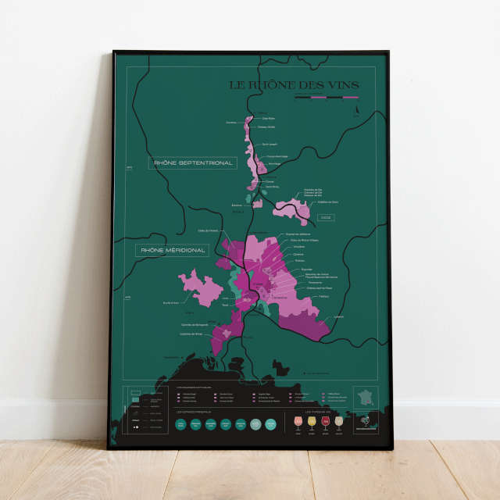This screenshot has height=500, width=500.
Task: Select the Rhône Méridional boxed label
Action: click(x=173, y=251)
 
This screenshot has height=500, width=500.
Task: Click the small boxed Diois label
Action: click(x=325, y=217)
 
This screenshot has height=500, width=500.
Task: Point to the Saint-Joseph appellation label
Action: click(x=269, y=144)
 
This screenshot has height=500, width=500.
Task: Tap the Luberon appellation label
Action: click(x=338, y=317)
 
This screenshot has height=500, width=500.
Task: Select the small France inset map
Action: click(x=365, y=397)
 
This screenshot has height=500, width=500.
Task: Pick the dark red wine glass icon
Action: click(x=325, y=422)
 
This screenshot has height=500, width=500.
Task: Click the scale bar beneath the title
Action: click(x=326, y=98)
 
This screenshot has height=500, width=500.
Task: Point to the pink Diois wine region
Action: click(x=291, y=209)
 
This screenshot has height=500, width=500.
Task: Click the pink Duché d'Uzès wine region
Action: click(x=200, y=286)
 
